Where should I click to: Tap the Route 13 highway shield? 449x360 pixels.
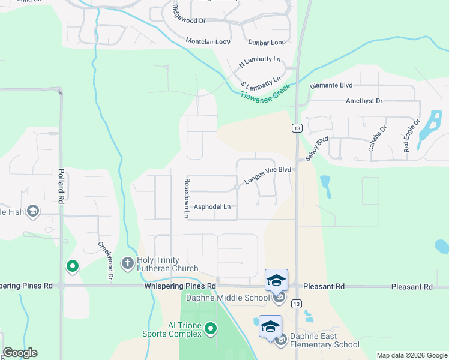click(297, 128)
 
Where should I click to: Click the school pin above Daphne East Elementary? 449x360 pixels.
click(270, 326)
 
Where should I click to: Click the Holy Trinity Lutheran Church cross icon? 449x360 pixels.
click(127, 263)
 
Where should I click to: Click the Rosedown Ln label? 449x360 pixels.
click(187, 197)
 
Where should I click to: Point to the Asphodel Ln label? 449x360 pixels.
click(212, 207)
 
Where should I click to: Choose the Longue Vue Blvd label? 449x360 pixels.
click(268, 175)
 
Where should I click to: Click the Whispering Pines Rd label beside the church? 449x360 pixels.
click(180, 287)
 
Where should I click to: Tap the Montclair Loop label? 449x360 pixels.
click(208, 41)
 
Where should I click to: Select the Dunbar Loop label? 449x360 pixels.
click(267, 43)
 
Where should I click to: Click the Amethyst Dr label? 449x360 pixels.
click(364, 101)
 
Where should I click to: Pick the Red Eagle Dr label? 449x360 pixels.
click(408, 138)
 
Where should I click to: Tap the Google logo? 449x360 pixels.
click(20, 353)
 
